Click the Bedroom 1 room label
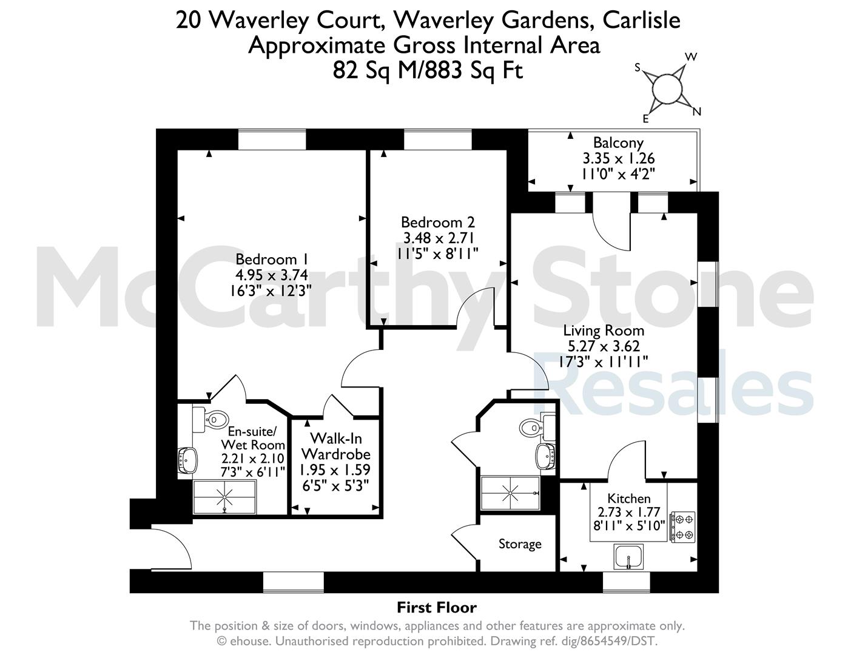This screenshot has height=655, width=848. pyautogui.click(x=272, y=260)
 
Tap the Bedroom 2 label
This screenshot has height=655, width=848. pyautogui.click(x=438, y=223)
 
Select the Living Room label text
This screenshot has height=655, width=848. pyautogui.click(x=604, y=331)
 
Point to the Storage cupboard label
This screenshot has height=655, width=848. pyautogui.click(x=520, y=544)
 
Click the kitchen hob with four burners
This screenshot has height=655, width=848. pyautogui.click(x=683, y=526)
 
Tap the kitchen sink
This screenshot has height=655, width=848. pyautogui.click(x=628, y=557)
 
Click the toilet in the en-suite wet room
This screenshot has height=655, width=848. pyautogui.click(x=210, y=420)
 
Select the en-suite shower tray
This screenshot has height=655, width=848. pyautogui.click(x=225, y=497)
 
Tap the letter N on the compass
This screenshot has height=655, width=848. pyautogui.click(x=696, y=112)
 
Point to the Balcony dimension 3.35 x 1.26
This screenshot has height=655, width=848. pyautogui.click(x=619, y=158)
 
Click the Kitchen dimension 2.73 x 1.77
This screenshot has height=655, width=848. pyautogui.click(x=628, y=512)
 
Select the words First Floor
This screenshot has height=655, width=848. pyautogui.click(x=437, y=608)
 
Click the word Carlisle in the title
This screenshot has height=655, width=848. pyautogui.click(x=641, y=20)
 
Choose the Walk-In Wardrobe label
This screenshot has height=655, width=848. pyautogui.click(x=336, y=446)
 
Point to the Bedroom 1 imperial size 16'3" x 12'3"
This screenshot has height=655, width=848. pyautogui.click(x=271, y=291)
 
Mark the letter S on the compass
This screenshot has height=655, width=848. pyautogui.click(x=638, y=68)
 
